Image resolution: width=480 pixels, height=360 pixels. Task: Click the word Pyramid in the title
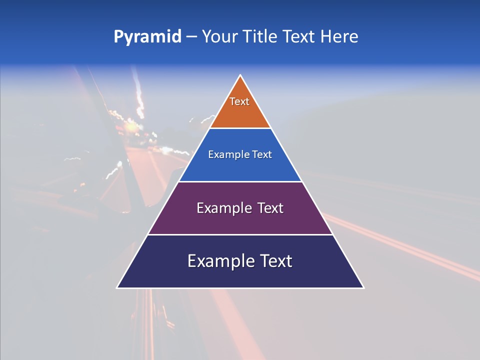pyautogui.click(x=147, y=37)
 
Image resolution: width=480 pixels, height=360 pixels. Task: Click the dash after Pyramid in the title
pyautogui.click(x=191, y=37)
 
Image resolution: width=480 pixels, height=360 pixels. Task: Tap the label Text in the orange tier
pyautogui.click(x=239, y=101)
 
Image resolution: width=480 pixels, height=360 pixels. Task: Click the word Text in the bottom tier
pyautogui.click(x=276, y=261)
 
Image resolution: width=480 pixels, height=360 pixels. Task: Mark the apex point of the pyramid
pyautogui.click(x=240, y=76)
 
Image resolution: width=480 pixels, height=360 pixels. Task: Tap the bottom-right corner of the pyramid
pyautogui.click(x=363, y=287)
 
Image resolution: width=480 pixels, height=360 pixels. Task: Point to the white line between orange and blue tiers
pyautogui.click(x=240, y=128)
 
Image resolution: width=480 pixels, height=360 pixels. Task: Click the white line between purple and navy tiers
pyautogui.click(x=240, y=234)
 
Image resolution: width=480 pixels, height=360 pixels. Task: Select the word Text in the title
pyautogui.click(x=299, y=37)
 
